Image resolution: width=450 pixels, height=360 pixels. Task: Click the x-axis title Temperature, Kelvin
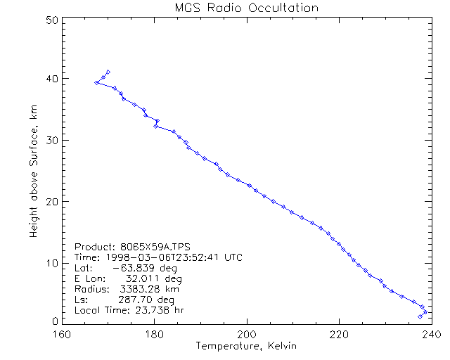pos(246,345)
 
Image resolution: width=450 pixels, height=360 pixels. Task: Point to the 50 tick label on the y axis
pos(51,20)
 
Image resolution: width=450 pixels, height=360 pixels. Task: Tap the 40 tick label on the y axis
pos(51,78)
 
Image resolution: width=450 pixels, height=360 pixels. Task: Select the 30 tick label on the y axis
pos(51,140)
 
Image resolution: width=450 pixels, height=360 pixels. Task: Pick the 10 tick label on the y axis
pos(51,263)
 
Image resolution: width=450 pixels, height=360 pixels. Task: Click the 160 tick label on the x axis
pos(63,334)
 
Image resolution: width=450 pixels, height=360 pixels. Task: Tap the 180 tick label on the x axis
pos(155,334)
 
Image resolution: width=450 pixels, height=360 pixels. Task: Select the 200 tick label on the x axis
pos(247,334)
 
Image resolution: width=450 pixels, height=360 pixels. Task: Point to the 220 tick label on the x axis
pos(339,334)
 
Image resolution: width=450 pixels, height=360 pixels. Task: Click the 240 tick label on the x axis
pos(430,334)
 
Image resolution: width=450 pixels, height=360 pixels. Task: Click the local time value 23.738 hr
pos(149,310)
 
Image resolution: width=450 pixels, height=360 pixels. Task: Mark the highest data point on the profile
pos(108,72)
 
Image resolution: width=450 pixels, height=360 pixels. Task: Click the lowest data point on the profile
pos(420,316)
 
